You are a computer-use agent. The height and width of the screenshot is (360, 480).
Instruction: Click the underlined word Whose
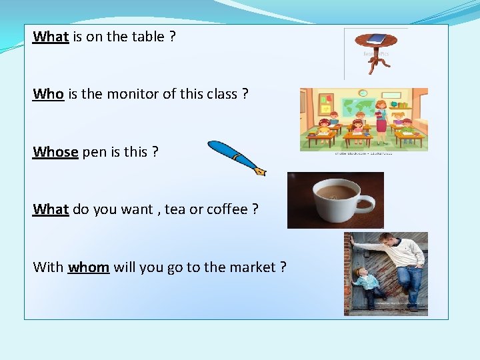click(x=56, y=152)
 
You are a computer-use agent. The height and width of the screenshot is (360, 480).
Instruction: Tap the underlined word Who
click(x=48, y=94)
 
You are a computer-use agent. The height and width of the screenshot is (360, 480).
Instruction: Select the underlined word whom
click(x=88, y=267)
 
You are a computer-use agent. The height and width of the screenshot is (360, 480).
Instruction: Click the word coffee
click(x=227, y=209)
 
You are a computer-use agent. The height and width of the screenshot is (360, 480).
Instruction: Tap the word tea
click(x=175, y=209)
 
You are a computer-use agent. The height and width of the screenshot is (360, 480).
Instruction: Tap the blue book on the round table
click(x=376, y=39)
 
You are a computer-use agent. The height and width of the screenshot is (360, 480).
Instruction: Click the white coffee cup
click(x=337, y=199)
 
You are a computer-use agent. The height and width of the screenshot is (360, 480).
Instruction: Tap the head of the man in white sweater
click(x=389, y=241)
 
